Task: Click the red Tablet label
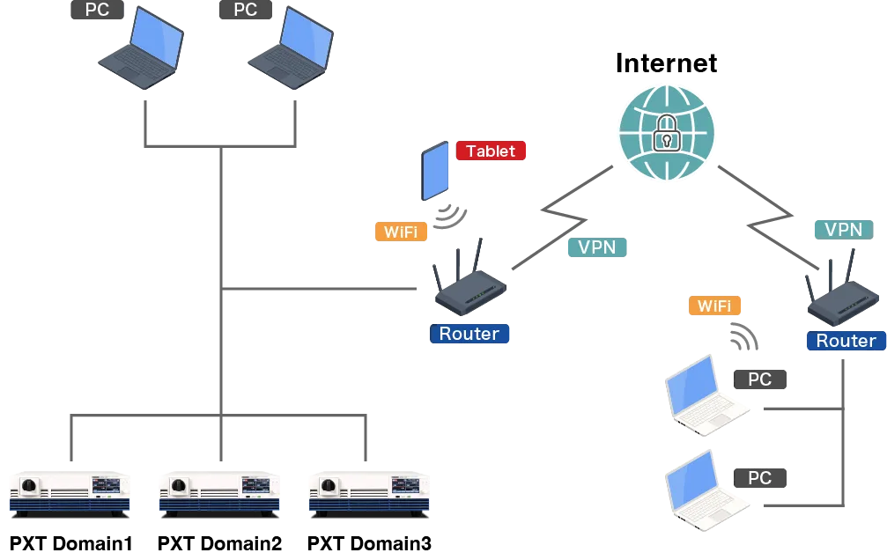(x=491, y=151)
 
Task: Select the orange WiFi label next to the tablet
(x=401, y=232)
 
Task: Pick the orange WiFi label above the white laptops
(x=713, y=306)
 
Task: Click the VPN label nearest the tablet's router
(x=596, y=247)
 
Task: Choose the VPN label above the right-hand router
(x=842, y=230)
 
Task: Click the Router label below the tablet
(x=469, y=334)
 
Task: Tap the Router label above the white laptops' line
(x=845, y=341)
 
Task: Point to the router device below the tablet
(x=468, y=284)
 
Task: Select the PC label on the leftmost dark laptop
(x=97, y=11)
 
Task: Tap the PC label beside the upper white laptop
(x=760, y=379)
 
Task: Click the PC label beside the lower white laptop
(x=760, y=478)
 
